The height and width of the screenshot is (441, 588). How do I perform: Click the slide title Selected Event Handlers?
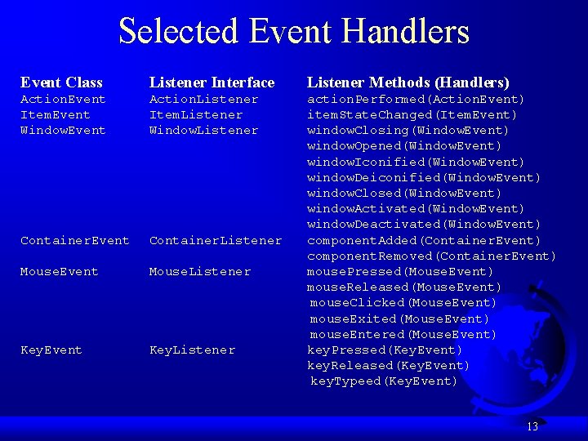coord(294,31)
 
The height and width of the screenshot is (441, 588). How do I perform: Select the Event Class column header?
coord(61,82)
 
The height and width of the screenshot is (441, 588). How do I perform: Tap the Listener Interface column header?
coord(212,82)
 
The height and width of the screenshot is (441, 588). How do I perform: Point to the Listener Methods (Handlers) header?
coord(408,82)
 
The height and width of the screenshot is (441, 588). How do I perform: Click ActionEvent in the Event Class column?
coord(63,100)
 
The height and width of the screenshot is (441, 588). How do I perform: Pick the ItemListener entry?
coord(196,115)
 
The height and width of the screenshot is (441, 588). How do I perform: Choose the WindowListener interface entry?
coord(203,131)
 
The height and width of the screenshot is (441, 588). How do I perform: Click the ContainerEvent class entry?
coord(74,240)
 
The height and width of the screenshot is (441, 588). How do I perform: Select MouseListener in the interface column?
coord(200,271)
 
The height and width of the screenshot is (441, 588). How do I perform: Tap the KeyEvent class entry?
coord(51,350)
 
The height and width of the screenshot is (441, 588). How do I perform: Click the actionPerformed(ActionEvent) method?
coord(416,100)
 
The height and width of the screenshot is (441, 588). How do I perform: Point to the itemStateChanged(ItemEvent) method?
coord(412,115)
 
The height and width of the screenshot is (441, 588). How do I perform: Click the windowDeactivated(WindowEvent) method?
coord(424,225)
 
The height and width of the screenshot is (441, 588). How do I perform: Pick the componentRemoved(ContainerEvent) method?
coord(431,256)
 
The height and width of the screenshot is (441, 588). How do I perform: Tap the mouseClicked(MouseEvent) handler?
coord(403,303)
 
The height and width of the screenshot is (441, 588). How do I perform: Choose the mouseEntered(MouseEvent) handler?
coord(403,334)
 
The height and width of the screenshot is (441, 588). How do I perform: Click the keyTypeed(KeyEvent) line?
coord(384,381)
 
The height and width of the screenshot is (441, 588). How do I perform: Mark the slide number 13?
coord(532,426)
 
